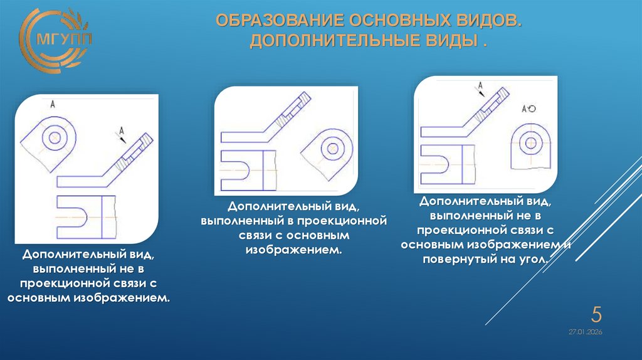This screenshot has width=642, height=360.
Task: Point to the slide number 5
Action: pos(597,314)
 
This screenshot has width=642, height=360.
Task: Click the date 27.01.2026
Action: pos(585,331)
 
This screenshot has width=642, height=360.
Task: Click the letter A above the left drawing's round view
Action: pos(53,105)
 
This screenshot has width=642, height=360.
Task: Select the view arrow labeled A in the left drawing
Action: pos(120,132)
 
